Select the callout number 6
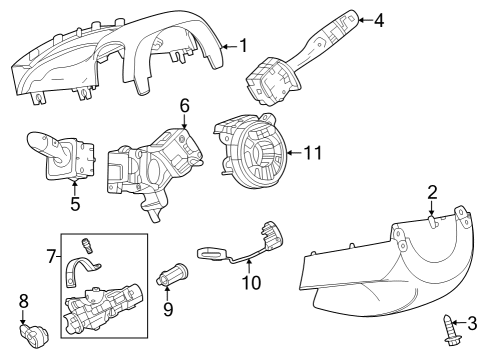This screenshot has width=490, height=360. click(185, 105)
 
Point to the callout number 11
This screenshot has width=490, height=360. click(313, 153)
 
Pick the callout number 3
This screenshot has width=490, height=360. click(474, 322)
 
